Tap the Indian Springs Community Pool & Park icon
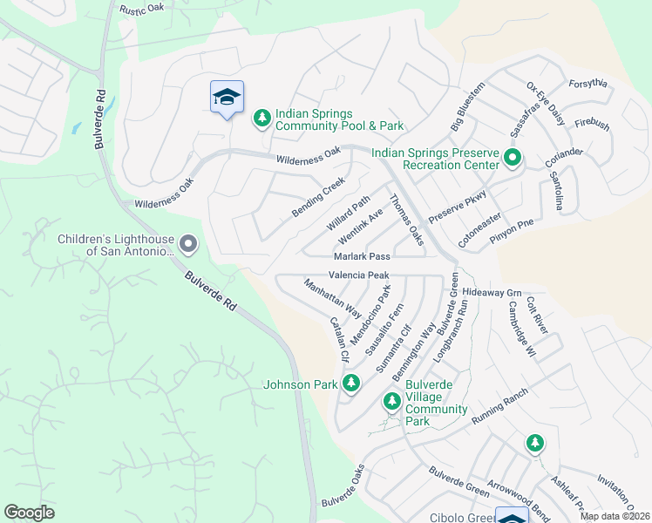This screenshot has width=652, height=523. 261,118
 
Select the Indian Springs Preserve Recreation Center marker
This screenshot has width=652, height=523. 513,159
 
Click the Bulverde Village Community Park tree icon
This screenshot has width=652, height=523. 392,401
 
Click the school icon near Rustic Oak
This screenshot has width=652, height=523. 227,98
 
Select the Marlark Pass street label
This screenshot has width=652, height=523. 361,257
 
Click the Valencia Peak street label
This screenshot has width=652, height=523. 358,275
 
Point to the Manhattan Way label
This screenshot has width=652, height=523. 333,298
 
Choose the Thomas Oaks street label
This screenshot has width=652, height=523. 405,220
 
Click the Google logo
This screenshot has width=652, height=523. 30,513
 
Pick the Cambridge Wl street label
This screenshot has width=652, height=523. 520,329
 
